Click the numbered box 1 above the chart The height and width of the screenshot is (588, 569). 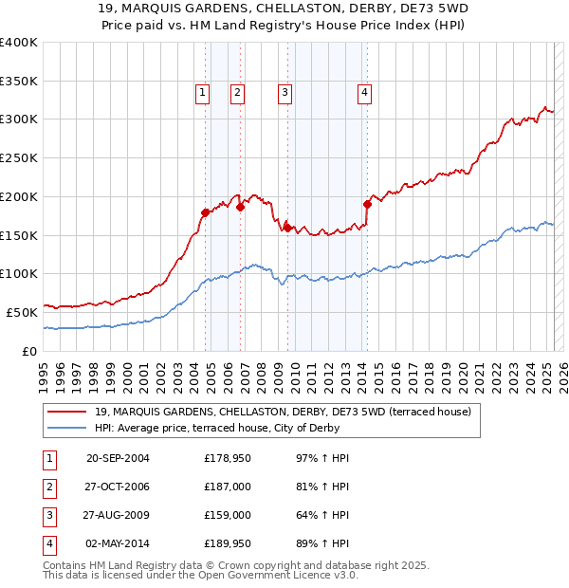[x=203, y=92]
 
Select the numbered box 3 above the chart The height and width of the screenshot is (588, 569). [x=284, y=92]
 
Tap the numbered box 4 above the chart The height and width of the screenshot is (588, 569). [x=364, y=92]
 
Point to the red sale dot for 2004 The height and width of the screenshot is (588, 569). [x=206, y=212]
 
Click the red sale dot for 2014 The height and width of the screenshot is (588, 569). [x=367, y=204]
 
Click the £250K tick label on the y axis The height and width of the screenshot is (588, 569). [x=19, y=157]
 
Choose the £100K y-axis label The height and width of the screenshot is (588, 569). [x=19, y=273]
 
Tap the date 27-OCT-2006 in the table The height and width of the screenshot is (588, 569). [x=118, y=487]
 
